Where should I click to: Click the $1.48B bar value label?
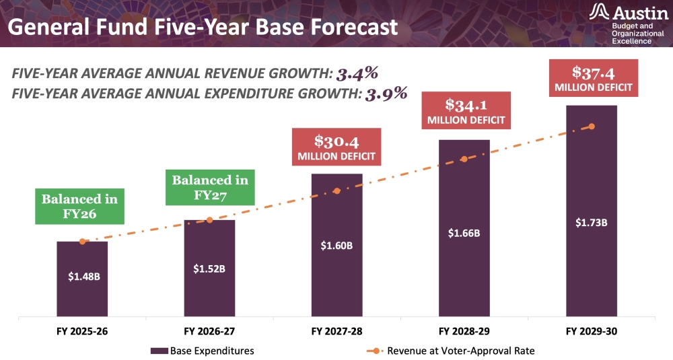82,276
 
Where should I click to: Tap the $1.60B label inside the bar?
336,245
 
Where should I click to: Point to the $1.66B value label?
464,233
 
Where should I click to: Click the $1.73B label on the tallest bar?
592,221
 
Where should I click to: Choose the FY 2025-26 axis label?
82,331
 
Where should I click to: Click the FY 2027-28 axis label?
336,331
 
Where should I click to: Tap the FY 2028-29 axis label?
464,331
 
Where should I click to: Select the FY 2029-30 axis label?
592,331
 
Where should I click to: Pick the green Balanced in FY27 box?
210,188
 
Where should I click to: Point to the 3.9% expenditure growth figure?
386,94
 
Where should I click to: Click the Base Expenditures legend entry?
202,351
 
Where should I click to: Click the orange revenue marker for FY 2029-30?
592,127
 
